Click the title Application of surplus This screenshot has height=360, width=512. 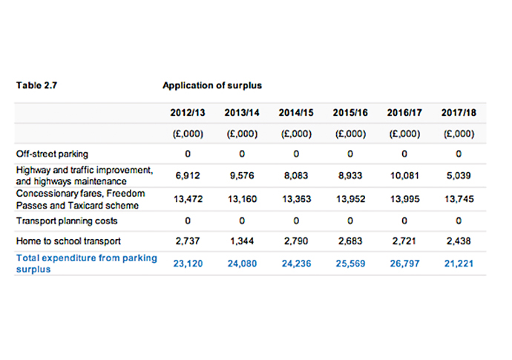(x=211, y=85)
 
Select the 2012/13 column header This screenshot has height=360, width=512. (x=187, y=114)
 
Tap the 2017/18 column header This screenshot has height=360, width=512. (x=459, y=114)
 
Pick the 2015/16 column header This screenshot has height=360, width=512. (x=350, y=114)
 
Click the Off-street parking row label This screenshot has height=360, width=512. (x=52, y=154)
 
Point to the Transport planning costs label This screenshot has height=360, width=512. (x=67, y=220)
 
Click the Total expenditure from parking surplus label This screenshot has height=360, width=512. (x=86, y=263)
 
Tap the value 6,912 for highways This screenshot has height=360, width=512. (x=187, y=175)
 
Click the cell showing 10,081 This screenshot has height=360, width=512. (x=404, y=175)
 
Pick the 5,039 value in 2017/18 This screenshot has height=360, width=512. (x=459, y=175)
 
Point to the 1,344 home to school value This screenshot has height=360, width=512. (x=241, y=242)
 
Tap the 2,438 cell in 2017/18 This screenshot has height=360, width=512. (x=459, y=242)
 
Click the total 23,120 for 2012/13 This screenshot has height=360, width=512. (x=187, y=263)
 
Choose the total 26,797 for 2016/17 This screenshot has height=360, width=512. (x=404, y=263)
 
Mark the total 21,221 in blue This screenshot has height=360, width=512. (x=459, y=263)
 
